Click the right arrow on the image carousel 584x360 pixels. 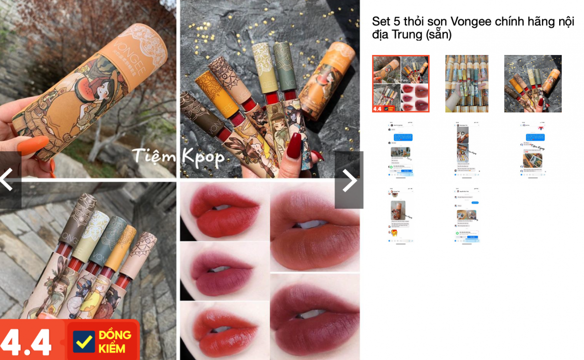point(349,180)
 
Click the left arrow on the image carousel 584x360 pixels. point(7,180)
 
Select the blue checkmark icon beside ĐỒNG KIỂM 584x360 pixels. point(84,341)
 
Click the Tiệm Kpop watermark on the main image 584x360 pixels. point(178,156)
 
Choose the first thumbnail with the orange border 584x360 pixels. point(400,84)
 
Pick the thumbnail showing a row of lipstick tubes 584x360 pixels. point(466,84)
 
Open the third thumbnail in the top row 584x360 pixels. point(533,84)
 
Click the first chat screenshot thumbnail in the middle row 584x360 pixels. point(400,149)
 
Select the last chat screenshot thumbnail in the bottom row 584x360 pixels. point(466,215)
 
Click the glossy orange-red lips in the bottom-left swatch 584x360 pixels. point(223,329)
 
